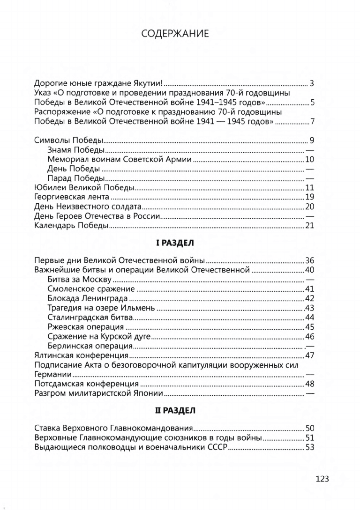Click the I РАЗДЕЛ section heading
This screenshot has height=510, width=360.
tap(174, 244)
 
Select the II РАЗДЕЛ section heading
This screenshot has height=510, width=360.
tap(174, 411)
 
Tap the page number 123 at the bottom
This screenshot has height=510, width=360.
tap(322, 479)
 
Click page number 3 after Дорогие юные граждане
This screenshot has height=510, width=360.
tap(311, 84)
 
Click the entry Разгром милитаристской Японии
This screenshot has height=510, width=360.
tap(99, 393)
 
